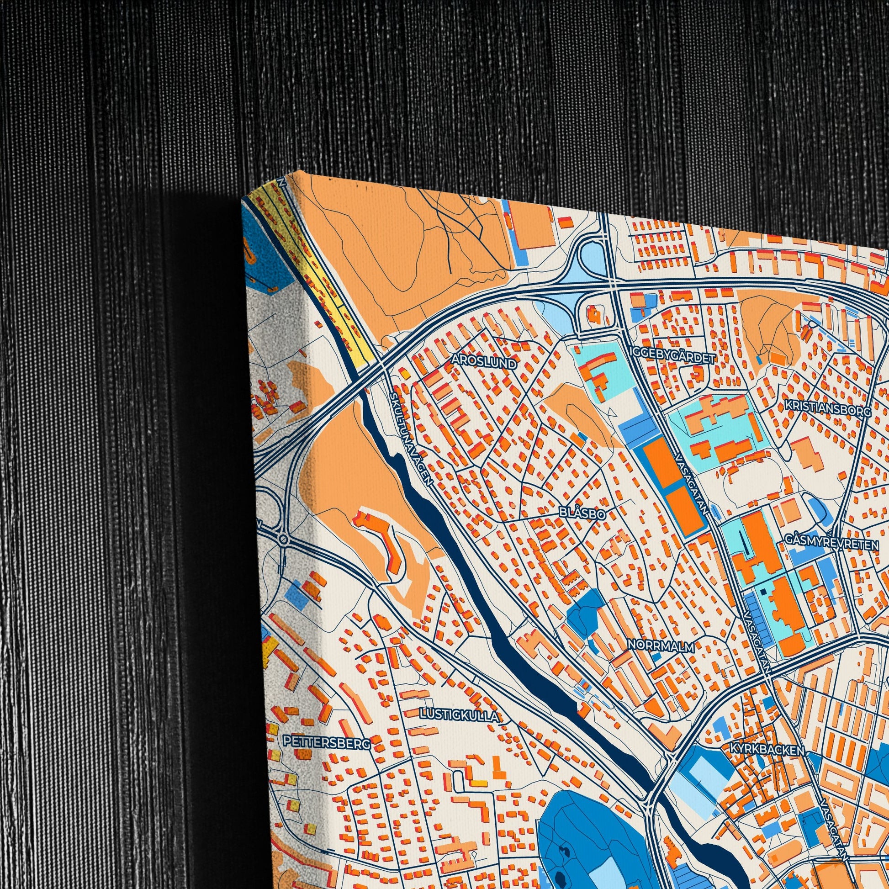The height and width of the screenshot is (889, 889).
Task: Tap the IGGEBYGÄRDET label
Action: [x=672, y=359]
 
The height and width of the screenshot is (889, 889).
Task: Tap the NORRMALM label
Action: [x=661, y=646]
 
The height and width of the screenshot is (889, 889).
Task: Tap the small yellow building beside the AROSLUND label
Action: [x=405, y=374]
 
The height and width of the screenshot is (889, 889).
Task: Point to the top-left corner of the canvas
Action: [x=243, y=199]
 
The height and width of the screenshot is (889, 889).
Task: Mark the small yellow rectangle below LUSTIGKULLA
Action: [x=479, y=783]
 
